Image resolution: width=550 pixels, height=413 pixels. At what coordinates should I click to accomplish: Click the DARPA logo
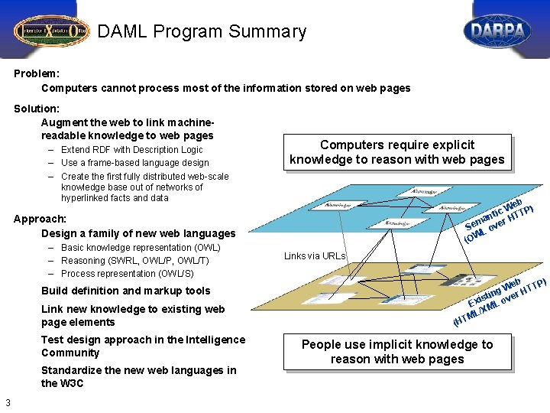497,31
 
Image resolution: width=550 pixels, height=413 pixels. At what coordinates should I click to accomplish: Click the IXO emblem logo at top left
50,31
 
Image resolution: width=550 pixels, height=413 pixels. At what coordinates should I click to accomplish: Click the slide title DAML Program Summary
202,32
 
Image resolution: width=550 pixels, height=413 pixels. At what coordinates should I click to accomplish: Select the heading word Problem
36,74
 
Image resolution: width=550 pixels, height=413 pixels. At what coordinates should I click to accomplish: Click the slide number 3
8,403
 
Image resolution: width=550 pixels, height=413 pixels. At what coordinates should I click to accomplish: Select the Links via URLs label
314,256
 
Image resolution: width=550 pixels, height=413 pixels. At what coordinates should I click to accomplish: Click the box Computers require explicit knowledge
396,152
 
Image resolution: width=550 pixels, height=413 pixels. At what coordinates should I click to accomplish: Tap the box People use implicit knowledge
396,352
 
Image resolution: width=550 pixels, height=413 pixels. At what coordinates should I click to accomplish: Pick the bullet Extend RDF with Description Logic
131,150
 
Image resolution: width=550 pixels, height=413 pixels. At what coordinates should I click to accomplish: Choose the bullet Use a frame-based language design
134,162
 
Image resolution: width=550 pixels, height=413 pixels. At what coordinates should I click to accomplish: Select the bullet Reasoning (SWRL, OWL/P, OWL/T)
134,261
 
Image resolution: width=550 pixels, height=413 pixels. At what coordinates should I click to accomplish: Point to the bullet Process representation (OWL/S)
127,273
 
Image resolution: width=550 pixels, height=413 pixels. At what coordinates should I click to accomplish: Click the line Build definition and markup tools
126,291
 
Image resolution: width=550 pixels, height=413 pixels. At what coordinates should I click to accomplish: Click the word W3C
65,383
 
